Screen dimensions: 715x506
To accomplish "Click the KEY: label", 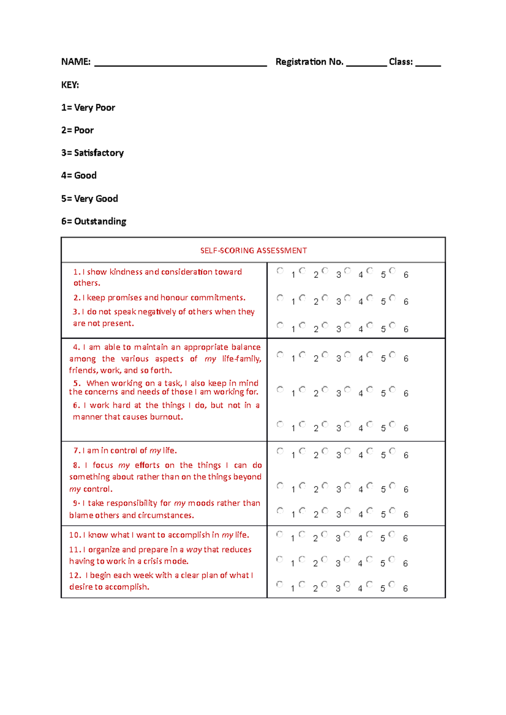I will [70, 85].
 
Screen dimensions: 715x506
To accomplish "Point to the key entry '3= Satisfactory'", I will [92, 153].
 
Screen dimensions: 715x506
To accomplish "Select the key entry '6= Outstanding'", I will [94, 221].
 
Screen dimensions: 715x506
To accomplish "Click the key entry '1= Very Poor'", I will [88, 108].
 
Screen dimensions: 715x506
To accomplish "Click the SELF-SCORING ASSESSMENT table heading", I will [253, 251].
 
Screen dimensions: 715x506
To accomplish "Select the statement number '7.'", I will [77, 451].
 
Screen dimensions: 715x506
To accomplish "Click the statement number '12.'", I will [75, 575].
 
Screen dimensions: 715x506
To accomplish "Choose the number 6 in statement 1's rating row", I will [406, 275].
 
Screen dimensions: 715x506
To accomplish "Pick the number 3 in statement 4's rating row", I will [338, 359].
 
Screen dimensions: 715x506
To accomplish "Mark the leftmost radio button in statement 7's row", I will [280, 451].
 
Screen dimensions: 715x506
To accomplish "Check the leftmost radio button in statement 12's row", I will [280, 584].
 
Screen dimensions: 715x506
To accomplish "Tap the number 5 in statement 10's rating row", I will [382, 539].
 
